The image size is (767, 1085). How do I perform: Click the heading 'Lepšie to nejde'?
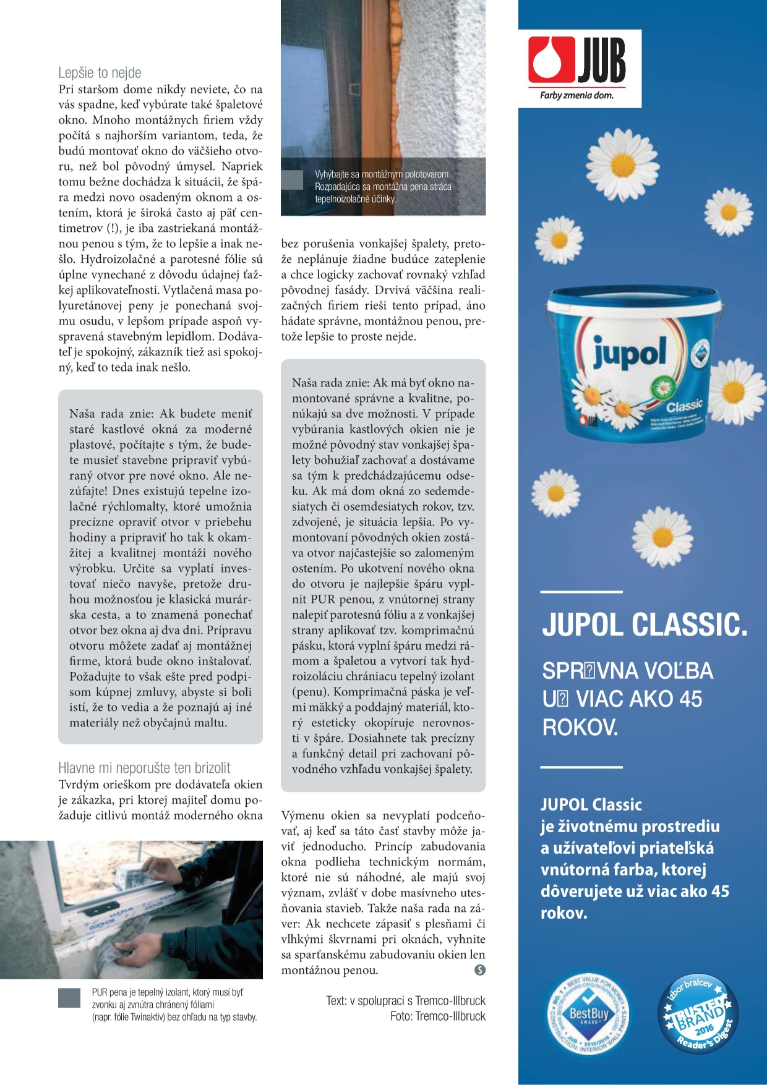point(100,73)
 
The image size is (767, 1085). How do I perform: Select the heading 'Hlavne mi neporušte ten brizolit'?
point(144,768)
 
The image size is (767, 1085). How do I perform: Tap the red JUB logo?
point(577,60)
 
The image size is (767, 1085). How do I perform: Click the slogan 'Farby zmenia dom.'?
point(576,95)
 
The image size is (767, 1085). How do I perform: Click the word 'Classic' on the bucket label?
point(684,406)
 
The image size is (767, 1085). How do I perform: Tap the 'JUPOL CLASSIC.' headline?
point(645,625)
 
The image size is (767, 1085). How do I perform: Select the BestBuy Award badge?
point(589,1014)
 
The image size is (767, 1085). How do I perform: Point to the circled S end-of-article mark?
point(479,970)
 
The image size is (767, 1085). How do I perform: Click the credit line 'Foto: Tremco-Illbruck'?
point(437,1016)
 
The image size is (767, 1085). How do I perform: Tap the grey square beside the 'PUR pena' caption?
point(69,998)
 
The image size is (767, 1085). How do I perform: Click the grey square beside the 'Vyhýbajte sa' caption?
point(292,180)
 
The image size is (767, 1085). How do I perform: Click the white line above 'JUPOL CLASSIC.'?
point(581,592)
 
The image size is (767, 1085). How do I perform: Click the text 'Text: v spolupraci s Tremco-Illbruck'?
point(406,1001)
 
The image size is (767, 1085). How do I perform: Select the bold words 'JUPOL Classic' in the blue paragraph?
point(591,804)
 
